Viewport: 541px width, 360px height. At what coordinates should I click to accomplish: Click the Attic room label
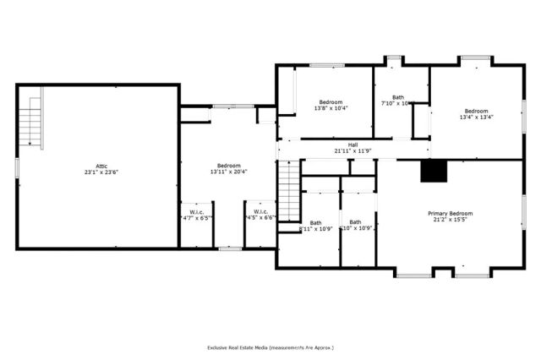point(101,166)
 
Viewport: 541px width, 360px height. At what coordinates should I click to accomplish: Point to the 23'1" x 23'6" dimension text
point(101,172)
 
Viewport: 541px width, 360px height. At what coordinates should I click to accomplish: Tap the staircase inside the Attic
point(33,123)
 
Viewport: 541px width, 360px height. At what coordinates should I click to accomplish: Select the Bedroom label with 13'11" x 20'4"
point(228,166)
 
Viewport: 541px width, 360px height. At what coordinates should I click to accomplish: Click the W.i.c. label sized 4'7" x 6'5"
point(196,211)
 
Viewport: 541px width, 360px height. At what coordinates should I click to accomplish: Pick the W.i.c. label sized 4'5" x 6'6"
point(261,211)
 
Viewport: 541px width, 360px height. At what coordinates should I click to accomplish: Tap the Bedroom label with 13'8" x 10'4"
point(331,102)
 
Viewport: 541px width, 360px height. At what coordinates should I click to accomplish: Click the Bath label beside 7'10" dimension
point(398,97)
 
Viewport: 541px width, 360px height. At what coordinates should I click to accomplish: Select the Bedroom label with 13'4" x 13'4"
point(476,111)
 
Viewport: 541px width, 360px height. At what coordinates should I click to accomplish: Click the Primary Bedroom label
point(450,214)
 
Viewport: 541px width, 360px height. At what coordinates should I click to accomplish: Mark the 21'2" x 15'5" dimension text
point(450,221)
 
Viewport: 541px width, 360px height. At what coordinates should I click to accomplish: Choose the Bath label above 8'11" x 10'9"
point(315,222)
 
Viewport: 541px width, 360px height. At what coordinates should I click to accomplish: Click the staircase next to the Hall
point(289,190)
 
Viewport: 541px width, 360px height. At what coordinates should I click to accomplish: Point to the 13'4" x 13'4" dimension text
point(476,117)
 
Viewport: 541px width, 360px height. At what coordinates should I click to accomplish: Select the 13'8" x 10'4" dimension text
point(331,108)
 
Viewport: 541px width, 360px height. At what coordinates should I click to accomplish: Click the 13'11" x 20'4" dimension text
point(228,172)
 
